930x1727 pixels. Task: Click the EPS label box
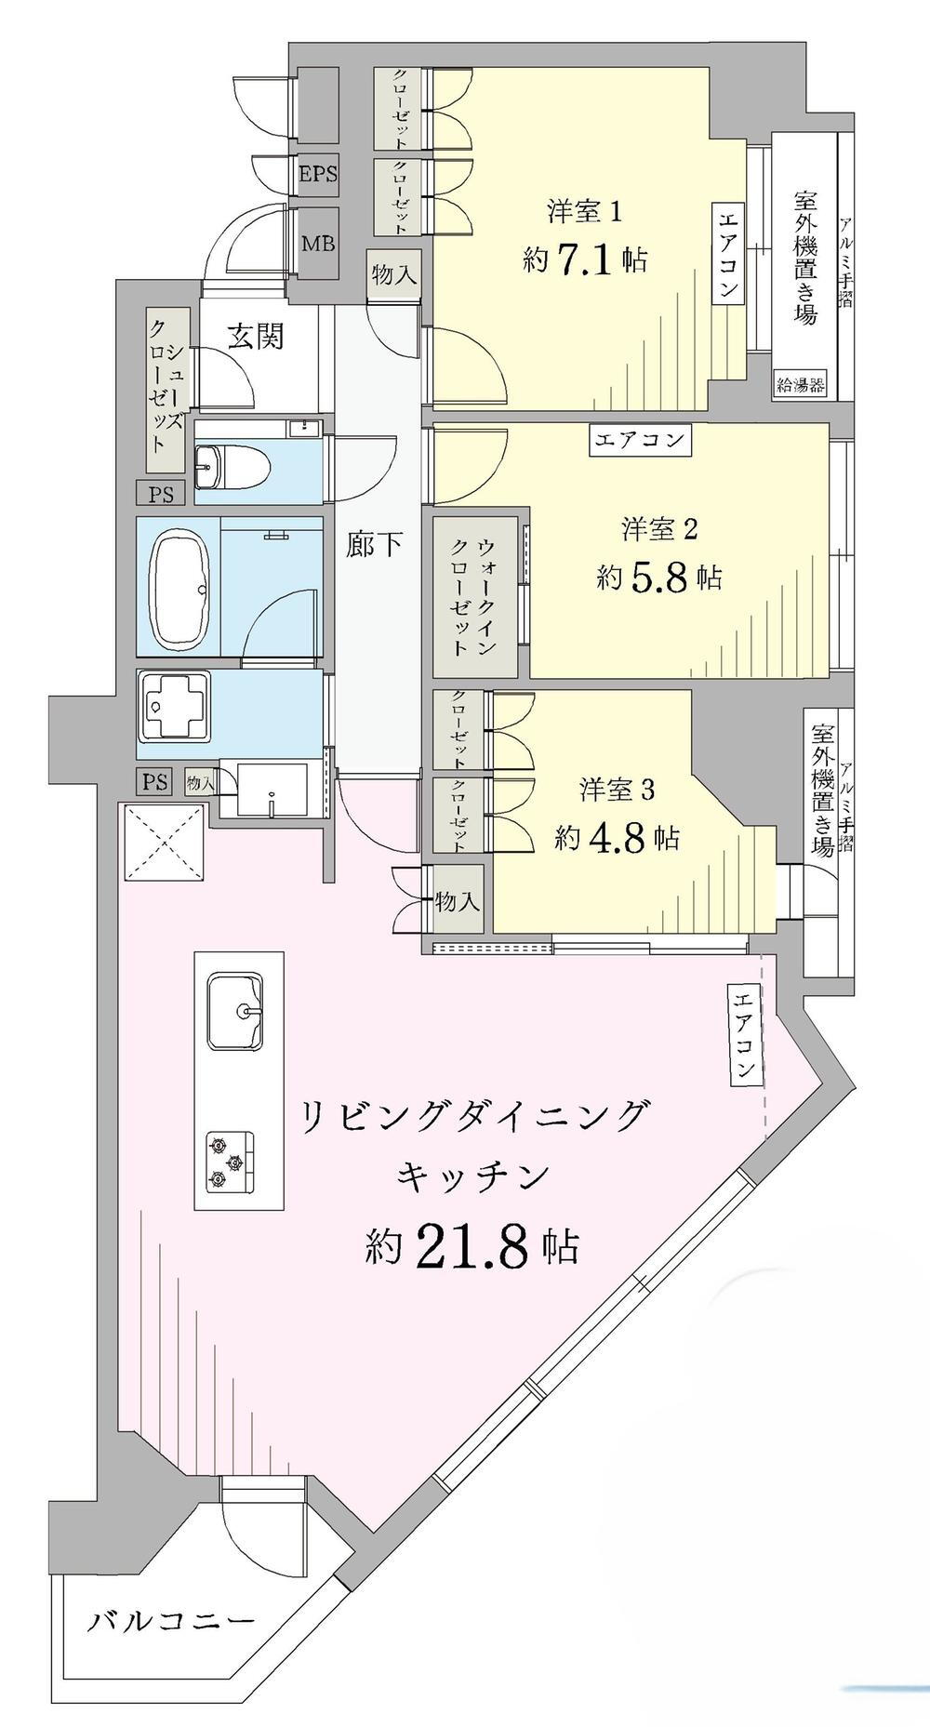pos(317,174)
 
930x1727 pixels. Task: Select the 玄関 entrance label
pos(256,337)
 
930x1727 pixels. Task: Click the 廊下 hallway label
pos(375,545)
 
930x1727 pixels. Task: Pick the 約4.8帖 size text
pos(618,837)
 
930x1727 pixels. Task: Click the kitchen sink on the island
pos(234,1011)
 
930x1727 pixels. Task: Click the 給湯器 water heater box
pos(801,385)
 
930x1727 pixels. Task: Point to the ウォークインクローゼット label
pos(474,596)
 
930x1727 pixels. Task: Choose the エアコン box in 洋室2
pos(641,438)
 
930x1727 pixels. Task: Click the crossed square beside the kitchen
pos(164,843)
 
